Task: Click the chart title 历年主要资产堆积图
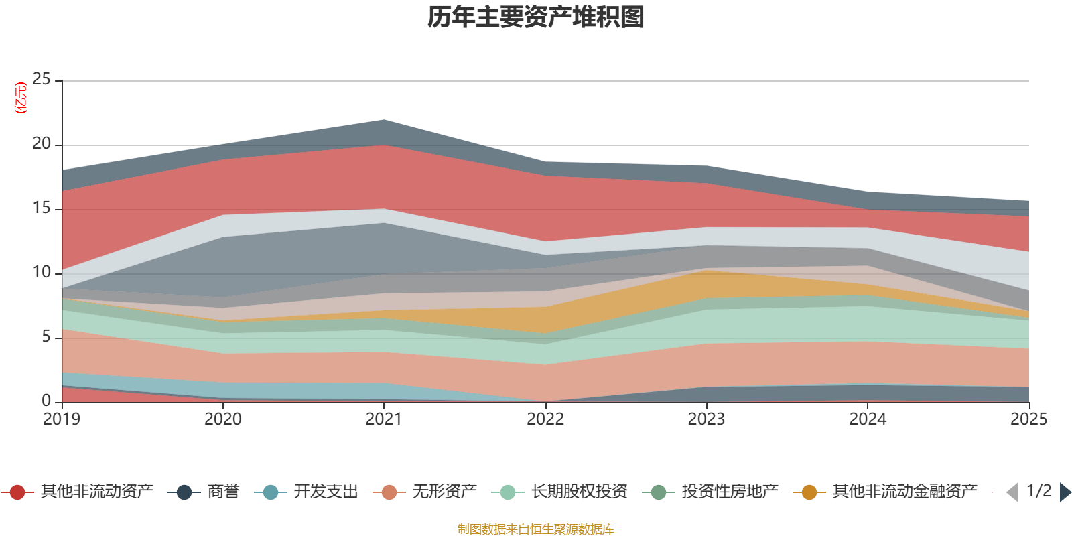536,17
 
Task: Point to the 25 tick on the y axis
42,79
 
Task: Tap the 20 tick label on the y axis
42,143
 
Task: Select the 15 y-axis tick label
42,208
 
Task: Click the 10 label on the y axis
42,272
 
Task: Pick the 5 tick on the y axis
46,336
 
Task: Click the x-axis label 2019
62,419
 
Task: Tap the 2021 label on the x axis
383,419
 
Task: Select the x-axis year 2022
545,419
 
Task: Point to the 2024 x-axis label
868,419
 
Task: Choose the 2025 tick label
1028,419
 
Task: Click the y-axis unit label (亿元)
21,98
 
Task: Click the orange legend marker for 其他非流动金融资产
809,492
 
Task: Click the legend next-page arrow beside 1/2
1065,492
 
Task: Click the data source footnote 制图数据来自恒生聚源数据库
536,529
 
